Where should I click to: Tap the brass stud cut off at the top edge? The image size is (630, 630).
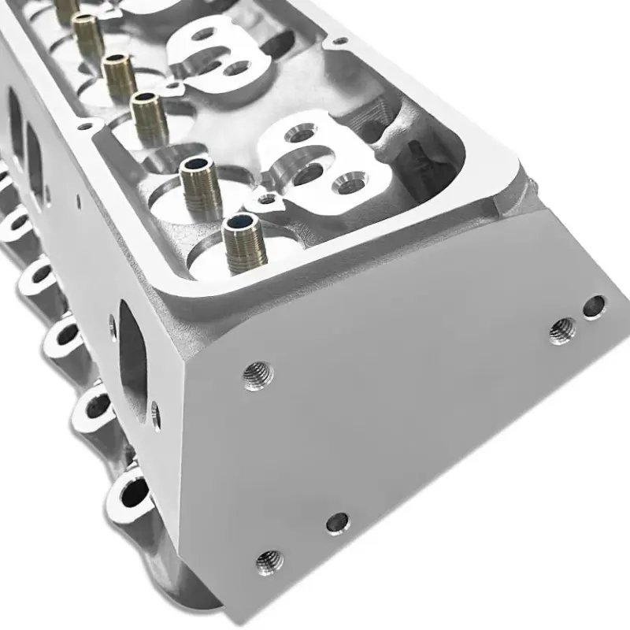point(66,9)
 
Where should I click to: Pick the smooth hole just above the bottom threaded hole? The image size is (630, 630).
point(337,521)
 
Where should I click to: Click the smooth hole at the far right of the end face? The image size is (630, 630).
point(595,306)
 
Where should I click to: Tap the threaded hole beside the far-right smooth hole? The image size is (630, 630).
point(562,330)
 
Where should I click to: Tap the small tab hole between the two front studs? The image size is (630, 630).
point(269,198)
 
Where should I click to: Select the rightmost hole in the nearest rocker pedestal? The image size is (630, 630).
point(347,186)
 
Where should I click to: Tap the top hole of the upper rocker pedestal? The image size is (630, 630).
point(204,35)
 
